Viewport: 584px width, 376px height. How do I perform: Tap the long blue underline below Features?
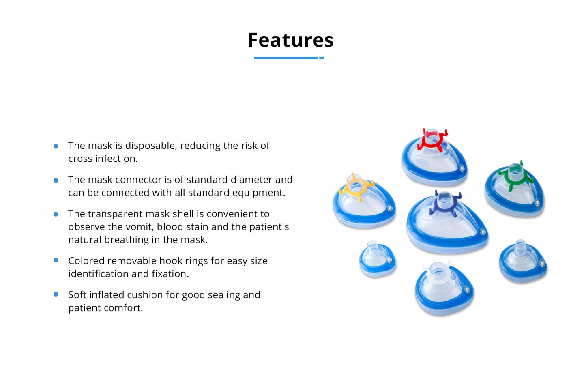pos(286,58)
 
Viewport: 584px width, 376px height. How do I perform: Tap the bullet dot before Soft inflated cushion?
pos(56,294)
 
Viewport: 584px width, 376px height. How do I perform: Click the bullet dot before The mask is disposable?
pos(56,146)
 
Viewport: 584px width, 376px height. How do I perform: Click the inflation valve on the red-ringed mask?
pos(462,168)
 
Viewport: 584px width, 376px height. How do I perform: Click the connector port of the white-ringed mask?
pos(438,271)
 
